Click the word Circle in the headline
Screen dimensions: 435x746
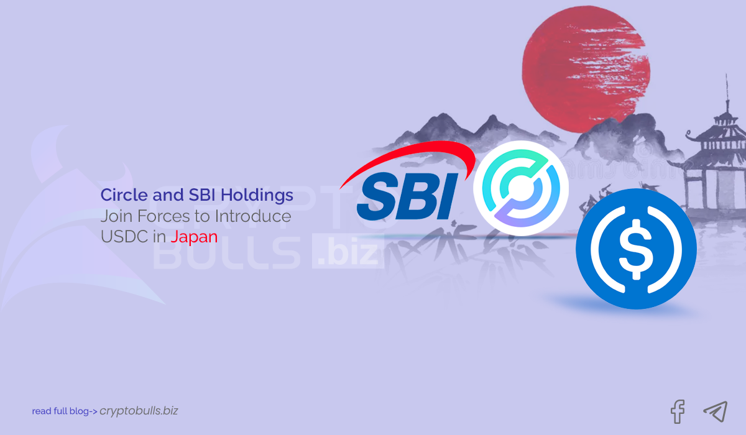pyautogui.click(x=124, y=196)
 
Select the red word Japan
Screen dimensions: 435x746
pyautogui.click(x=194, y=237)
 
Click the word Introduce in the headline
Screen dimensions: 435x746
pyautogui.click(x=256, y=216)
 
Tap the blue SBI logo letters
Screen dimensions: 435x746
pyautogui.click(x=405, y=197)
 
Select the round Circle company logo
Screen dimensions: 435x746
pyautogui.click(x=521, y=188)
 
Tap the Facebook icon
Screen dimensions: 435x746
pyautogui.click(x=677, y=411)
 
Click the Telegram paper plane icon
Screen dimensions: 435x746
pyautogui.click(x=715, y=411)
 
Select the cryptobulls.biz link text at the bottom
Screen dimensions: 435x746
pyautogui.click(x=139, y=411)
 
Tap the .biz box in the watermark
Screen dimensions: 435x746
pyautogui.click(x=346, y=254)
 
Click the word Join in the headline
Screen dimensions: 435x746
pyautogui.click(x=116, y=216)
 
